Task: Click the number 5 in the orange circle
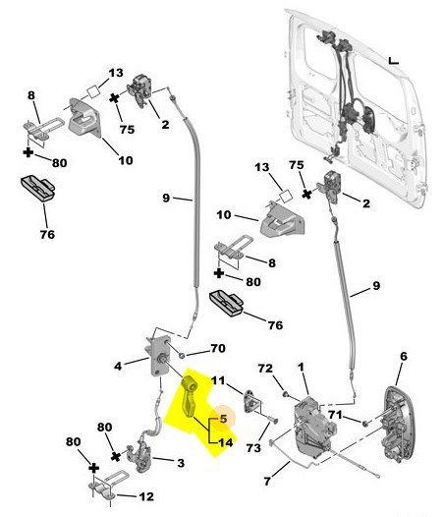click(224, 419)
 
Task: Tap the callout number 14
click(226, 442)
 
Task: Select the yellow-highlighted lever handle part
click(190, 396)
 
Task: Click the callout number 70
click(218, 348)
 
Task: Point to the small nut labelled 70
click(181, 356)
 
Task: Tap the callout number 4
click(118, 366)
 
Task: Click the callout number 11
click(218, 380)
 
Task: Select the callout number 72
click(265, 368)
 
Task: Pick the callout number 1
click(301, 367)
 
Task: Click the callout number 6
click(404, 356)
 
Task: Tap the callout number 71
click(335, 414)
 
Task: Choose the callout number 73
click(253, 448)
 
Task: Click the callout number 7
click(267, 481)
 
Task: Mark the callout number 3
click(181, 463)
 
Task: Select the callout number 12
click(146, 496)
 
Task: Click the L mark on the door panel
click(393, 61)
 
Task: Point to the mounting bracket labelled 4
click(158, 356)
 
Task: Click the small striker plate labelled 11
click(252, 401)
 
